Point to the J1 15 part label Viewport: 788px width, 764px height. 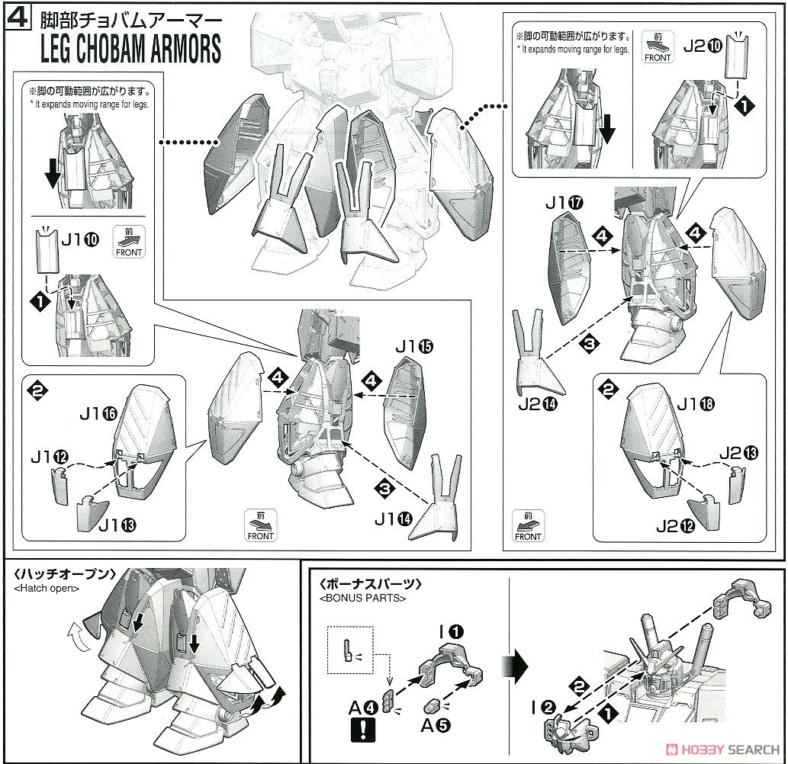[x=414, y=347]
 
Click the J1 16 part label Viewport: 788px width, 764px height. [x=98, y=414]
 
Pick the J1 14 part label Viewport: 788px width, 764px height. [x=393, y=519]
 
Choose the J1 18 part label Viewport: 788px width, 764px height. [x=695, y=405]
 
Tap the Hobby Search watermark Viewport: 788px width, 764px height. [x=721, y=747]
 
